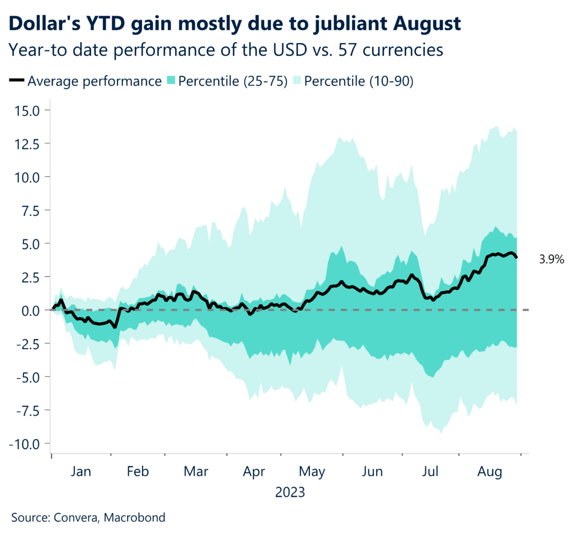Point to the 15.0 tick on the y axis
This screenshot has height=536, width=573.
(27, 110)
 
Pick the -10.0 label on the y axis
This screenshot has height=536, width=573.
(25, 444)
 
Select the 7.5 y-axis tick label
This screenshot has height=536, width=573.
(31, 210)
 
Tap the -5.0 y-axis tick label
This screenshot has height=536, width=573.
(28, 377)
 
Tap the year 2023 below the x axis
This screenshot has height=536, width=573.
(290, 493)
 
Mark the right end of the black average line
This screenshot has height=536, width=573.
(516, 257)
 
